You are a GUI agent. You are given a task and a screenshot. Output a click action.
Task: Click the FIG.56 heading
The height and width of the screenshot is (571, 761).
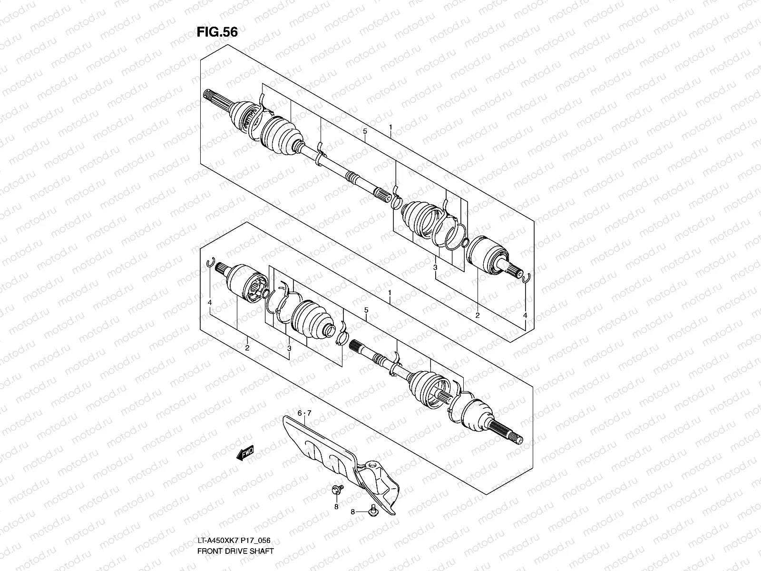pyautogui.click(x=217, y=32)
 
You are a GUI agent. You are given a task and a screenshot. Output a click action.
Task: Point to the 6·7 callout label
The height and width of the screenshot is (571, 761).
pyautogui.click(x=304, y=413)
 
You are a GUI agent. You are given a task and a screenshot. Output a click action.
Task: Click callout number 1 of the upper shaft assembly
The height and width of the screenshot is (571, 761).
pyautogui.click(x=390, y=128)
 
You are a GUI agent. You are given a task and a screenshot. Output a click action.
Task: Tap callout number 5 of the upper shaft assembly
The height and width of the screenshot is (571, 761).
pyautogui.click(x=364, y=130)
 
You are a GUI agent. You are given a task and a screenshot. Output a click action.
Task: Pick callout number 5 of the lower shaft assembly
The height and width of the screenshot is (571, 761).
pyautogui.click(x=366, y=310)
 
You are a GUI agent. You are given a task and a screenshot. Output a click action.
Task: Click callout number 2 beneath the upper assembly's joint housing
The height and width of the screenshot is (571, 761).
pyautogui.click(x=477, y=315)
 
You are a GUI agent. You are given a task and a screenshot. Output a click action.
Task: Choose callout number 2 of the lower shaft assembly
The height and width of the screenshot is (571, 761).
pyautogui.click(x=247, y=348)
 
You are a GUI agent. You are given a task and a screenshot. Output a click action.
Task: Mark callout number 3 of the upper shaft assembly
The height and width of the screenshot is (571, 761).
pyautogui.click(x=435, y=268)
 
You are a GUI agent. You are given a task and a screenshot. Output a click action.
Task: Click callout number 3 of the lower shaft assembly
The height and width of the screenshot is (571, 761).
pyautogui.click(x=289, y=348)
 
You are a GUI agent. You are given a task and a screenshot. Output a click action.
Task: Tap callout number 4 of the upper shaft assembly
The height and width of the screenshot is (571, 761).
pyautogui.click(x=525, y=315)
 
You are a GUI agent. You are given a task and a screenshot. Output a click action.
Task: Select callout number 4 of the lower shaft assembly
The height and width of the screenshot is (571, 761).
pyautogui.click(x=209, y=302)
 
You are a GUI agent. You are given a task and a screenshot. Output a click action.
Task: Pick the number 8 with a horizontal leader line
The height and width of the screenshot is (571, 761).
pyautogui.click(x=352, y=512)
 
